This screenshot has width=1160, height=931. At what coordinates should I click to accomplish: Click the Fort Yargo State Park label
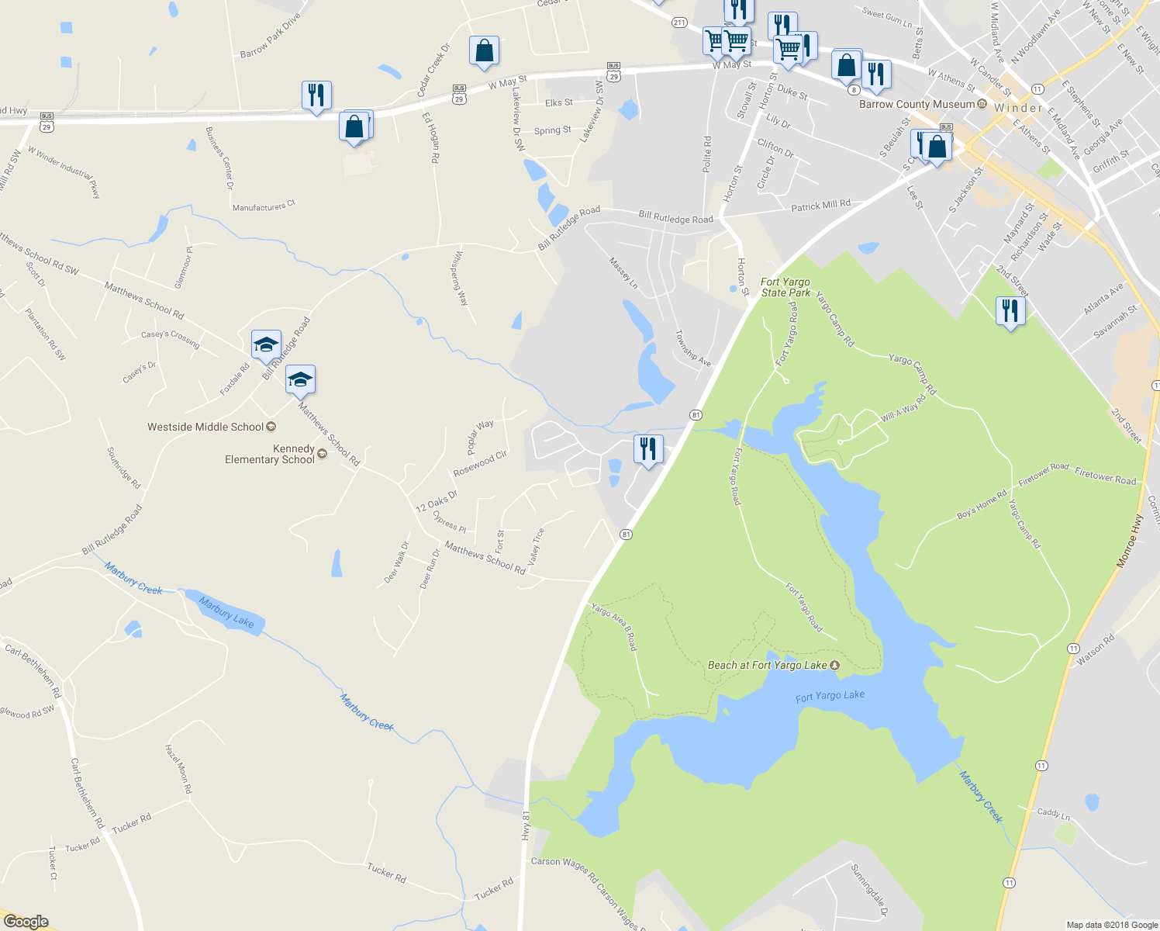pyautogui.click(x=785, y=288)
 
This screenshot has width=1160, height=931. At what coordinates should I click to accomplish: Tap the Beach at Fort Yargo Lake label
pyautogui.click(x=768, y=665)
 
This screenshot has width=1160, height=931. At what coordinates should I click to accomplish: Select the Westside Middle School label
pyautogui.click(x=206, y=427)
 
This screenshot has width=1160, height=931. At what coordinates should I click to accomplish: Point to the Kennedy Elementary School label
pyautogui.click(x=270, y=454)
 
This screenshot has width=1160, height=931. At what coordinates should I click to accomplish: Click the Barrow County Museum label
pyautogui.click(x=917, y=104)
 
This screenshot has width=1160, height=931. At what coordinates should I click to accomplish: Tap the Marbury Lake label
pyautogui.click(x=226, y=611)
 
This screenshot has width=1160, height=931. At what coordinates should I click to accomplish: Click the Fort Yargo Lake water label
pyautogui.click(x=830, y=696)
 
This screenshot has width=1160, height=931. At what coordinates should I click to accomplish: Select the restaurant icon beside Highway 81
pyautogui.click(x=647, y=449)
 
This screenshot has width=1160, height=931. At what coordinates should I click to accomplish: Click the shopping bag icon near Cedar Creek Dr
pyautogui.click(x=484, y=52)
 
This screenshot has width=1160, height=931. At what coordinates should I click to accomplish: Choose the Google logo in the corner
pyautogui.click(x=26, y=921)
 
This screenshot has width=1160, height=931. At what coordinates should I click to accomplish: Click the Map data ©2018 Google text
pyautogui.click(x=1112, y=925)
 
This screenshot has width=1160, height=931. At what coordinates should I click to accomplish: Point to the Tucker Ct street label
pyautogui.click(x=53, y=864)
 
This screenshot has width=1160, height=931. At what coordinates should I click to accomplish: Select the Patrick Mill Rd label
pyautogui.click(x=820, y=206)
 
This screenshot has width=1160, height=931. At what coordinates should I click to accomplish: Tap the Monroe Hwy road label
pyautogui.click(x=1130, y=541)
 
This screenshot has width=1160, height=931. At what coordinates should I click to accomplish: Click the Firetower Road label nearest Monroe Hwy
pyautogui.click(x=1105, y=476)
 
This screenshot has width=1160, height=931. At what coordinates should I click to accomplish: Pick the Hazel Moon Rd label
pyautogui.click(x=178, y=768)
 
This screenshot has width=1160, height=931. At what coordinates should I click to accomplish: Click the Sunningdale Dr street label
pyautogui.click(x=869, y=889)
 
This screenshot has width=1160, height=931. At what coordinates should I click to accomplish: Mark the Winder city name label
pyautogui.click(x=1018, y=108)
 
